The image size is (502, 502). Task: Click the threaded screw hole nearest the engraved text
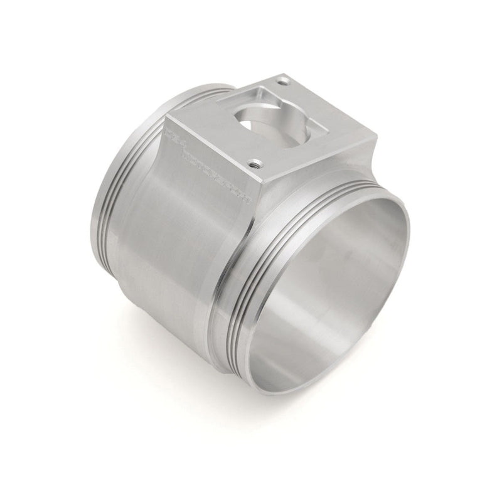tap(255, 164)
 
